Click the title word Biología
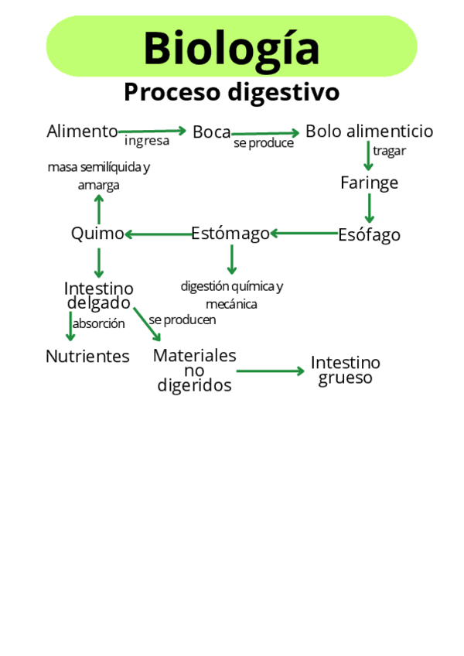(x=231, y=47)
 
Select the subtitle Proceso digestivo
(x=231, y=92)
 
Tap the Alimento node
(x=82, y=132)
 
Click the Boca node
(x=211, y=132)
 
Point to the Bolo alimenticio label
(x=369, y=132)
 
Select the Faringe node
(x=369, y=183)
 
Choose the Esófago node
(x=369, y=234)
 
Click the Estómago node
(x=230, y=233)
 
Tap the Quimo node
(x=97, y=233)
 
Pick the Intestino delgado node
(x=98, y=296)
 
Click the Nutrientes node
(x=87, y=357)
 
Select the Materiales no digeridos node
(x=194, y=370)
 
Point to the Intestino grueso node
(x=345, y=370)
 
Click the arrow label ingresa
(x=147, y=142)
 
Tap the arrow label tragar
(x=389, y=151)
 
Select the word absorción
(x=99, y=324)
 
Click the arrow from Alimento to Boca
(x=152, y=132)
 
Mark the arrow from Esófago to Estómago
(x=304, y=232)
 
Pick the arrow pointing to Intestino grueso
(x=271, y=371)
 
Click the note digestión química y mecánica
(x=232, y=295)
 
